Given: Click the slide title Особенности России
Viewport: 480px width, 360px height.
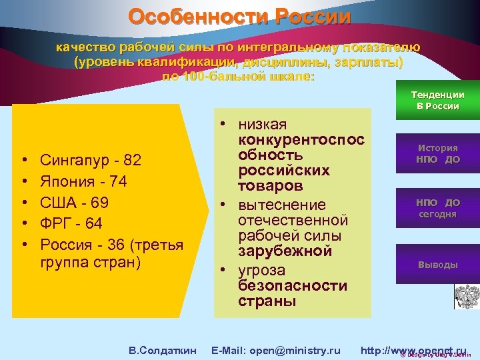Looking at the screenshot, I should (x=239, y=16).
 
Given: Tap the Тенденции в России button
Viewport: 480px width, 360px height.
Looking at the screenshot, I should (x=438, y=101).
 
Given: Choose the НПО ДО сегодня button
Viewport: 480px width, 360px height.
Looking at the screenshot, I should (x=437, y=208).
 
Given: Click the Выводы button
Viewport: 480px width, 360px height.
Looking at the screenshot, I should (x=437, y=264).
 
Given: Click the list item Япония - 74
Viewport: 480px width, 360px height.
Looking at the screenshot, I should (x=83, y=181).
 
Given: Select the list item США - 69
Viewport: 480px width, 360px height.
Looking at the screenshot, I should (x=74, y=202).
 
